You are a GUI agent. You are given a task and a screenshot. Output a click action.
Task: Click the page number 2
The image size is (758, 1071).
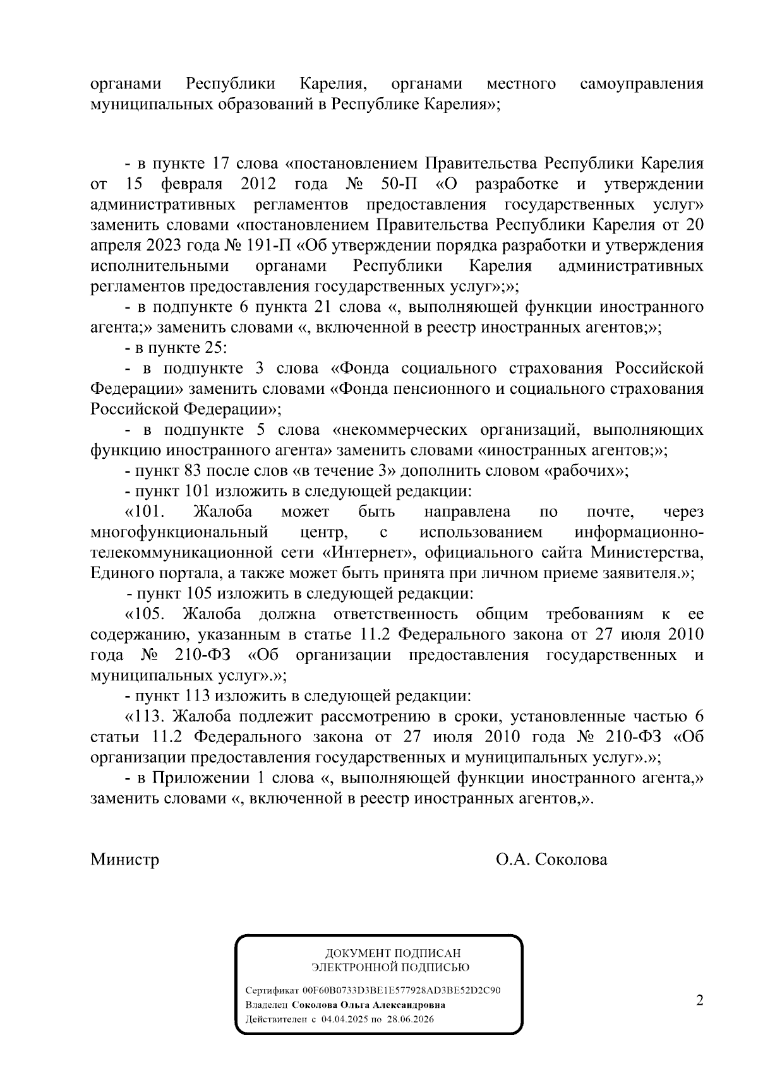point(699,1001)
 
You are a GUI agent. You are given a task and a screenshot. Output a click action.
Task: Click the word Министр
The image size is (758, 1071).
point(124,860)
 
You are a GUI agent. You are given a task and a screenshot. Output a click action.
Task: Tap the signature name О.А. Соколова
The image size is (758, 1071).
point(551,860)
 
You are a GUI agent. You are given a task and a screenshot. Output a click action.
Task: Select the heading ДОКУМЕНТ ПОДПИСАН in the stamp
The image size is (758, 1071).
point(393,954)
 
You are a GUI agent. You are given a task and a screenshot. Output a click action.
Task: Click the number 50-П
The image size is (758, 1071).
point(396,184)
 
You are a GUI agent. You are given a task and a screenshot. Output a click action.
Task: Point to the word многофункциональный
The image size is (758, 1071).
point(179,532)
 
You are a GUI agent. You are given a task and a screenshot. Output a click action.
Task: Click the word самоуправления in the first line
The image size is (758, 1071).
point(641,84)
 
